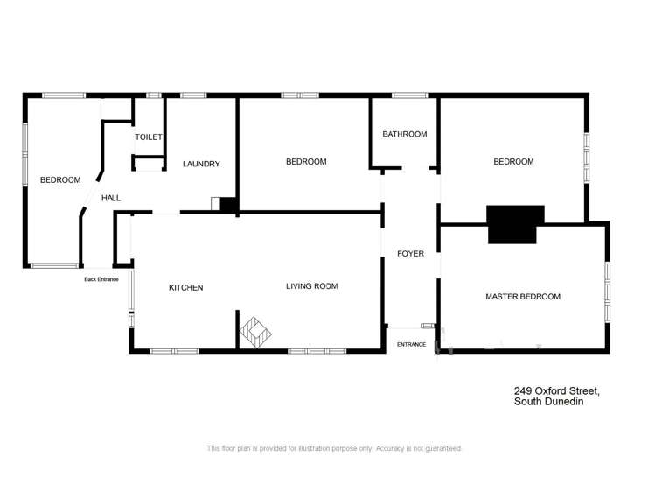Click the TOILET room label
click(149, 137)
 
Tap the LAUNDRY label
click(201, 164)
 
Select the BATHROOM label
click(404, 134)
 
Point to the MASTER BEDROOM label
click(523, 297)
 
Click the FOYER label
click(410, 254)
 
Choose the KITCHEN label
click(186, 287)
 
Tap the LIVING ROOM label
click(312, 286)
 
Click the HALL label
click(111, 199)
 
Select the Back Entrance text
click(101, 279)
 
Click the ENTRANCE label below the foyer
click(411, 344)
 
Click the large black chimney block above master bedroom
click(515, 224)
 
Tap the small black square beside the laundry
click(229, 205)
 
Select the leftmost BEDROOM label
click(60, 180)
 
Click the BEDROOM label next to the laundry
click(306, 162)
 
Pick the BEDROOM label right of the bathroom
click(513, 162)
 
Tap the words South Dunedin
click(548, 402)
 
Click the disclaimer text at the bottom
click(334, 448)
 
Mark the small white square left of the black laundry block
click(215, 204)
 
